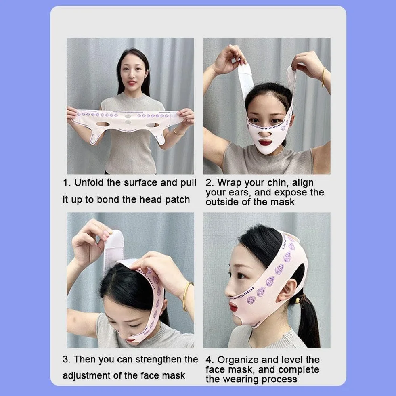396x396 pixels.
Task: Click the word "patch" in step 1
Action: (x=177, y=200)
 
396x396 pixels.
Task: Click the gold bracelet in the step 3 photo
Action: (x=186, y=296)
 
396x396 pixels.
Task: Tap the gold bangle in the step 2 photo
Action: (x=323, y=77)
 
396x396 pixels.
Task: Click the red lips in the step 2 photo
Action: (x=265, y=142)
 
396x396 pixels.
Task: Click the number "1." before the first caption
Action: (x=67, y=183)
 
